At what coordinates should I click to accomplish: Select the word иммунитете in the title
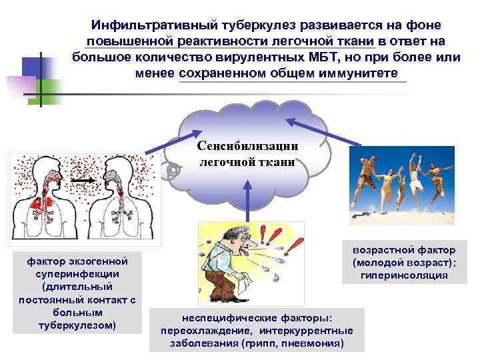coord(359,72)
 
